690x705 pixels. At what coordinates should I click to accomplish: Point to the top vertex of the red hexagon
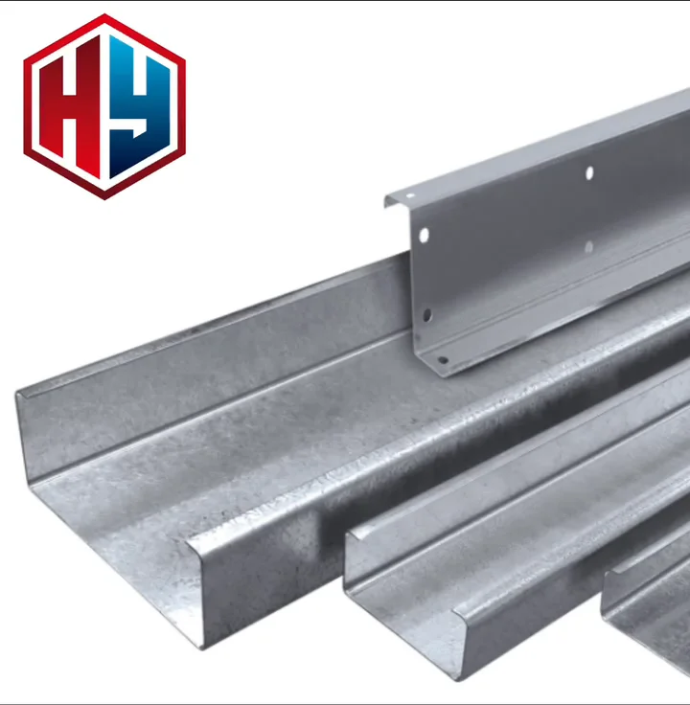(104, 16)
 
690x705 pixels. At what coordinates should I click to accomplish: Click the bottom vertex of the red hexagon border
(104, 197)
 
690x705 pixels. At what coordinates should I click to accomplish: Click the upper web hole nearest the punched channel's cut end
(423, 235)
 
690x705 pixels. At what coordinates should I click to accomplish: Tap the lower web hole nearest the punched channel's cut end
(426, 314)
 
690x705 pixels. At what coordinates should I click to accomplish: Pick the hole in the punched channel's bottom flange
(442, 360)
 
